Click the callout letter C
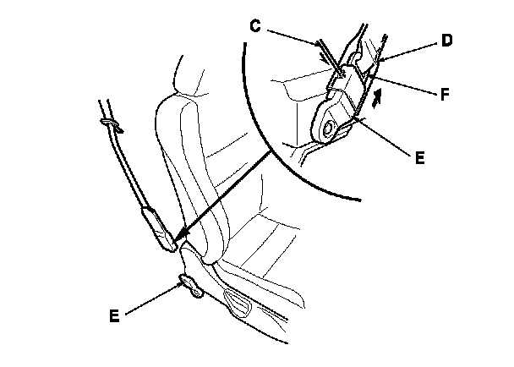[254, 25]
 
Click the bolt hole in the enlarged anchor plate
[329, 129]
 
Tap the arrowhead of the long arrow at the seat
[180, 241]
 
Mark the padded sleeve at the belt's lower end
[160, 227]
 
